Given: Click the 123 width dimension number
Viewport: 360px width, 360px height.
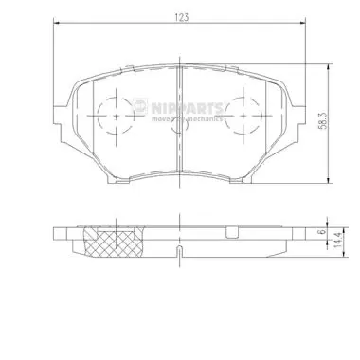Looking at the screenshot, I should [179, 16].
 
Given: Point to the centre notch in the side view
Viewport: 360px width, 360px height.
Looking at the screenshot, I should [179, 250].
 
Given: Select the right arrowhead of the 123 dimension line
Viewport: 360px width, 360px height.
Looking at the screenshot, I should [306, 25].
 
